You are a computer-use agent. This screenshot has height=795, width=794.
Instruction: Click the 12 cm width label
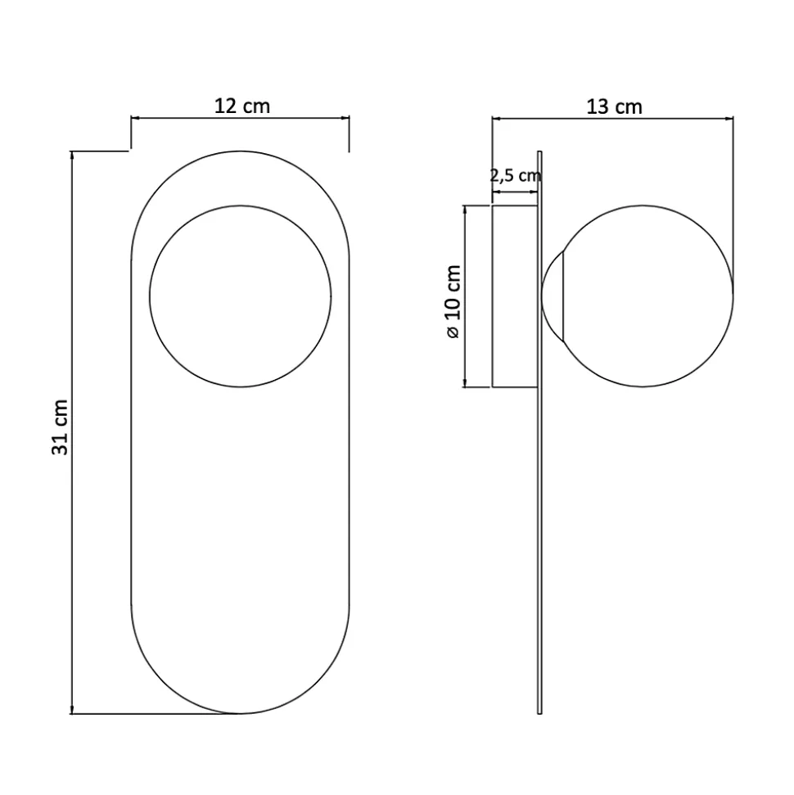tap(241, 106)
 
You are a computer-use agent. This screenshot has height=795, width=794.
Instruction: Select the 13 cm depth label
tap(614, 106)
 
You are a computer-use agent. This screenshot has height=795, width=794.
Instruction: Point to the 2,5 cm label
tap(516, 174)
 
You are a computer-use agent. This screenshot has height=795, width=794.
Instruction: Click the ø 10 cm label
tap(453, 301)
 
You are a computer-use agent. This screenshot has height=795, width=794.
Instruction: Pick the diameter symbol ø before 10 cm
tap(453, 332)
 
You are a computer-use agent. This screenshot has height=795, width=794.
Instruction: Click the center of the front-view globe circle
tap(241, 296)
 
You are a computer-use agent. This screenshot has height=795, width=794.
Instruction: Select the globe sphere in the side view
tap(647, 296)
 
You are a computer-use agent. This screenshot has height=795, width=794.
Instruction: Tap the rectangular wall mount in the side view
tap(515, 296)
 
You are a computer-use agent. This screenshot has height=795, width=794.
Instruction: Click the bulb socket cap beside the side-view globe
tap(553, 296)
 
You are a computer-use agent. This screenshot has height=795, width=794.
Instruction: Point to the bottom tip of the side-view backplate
tap(539, 711)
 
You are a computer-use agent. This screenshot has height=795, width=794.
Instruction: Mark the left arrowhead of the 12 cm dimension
tap(136, 119)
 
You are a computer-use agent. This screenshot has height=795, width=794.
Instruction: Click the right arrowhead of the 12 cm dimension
tap(345, 119)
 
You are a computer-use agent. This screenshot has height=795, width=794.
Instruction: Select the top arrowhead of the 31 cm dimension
tap(73, 156)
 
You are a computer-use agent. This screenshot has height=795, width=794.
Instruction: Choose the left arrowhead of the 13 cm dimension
tap(496, 119)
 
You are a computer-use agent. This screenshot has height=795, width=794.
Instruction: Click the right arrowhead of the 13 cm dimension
tap(729, 119)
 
